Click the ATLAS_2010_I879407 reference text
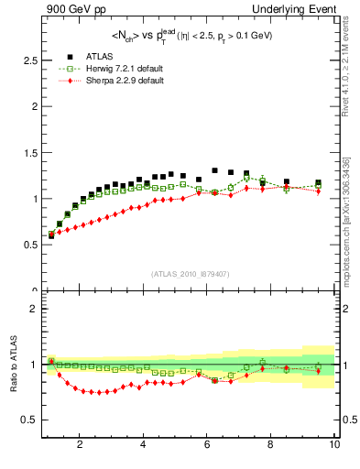[x=190, y=274]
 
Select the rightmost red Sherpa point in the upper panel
[x=318, y=191]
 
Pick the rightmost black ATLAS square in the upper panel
[x=318, y=183]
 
